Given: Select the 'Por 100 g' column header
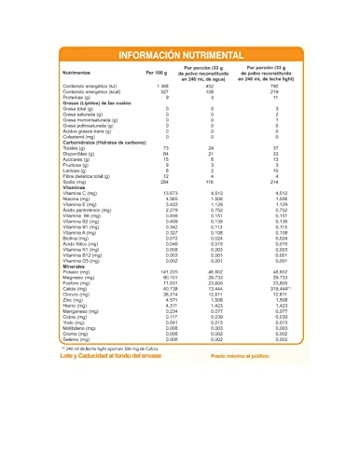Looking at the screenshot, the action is pos(159,71).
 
